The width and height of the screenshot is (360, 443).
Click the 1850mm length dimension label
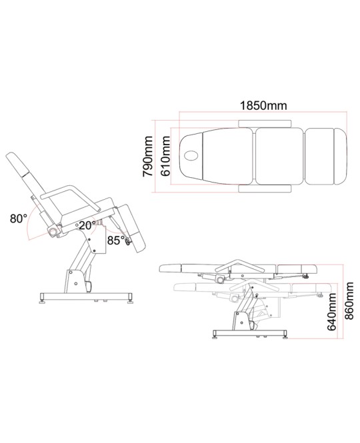[263, 105]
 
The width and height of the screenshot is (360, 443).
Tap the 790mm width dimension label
[147, 157]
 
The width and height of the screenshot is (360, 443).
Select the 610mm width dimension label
[165, 157]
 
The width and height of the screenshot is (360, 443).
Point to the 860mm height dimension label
[349, 300]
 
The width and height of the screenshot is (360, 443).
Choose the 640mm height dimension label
[332, 312]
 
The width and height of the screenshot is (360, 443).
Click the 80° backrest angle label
[19, 219]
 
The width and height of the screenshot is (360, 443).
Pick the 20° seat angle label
[87, 225]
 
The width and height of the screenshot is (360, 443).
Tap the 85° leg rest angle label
[116, 240]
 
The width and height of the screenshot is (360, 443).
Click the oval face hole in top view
[192, 155]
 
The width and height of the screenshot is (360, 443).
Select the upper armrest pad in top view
[265, 124]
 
